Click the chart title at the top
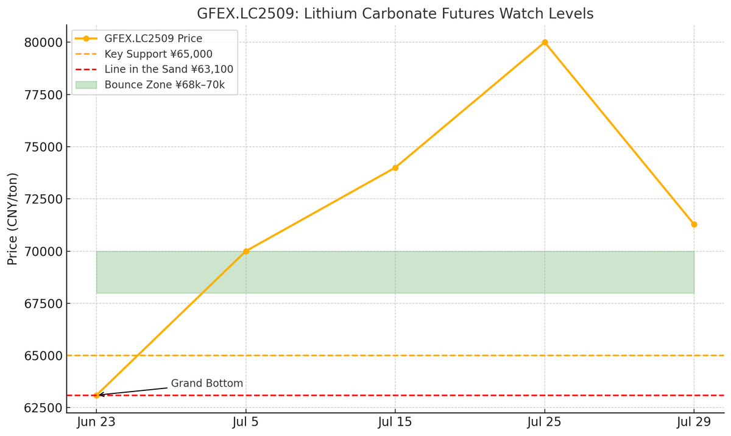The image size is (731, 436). pos(395,13)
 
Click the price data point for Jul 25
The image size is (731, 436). pos(545,43)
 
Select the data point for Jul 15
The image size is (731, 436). pos(395,167)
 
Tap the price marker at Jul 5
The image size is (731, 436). pos(246,251)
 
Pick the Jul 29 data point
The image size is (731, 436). pos(694,224)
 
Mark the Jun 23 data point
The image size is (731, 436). pos(96,395)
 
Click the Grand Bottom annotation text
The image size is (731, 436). pos(207,384)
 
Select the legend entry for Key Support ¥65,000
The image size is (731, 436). pos(158,54)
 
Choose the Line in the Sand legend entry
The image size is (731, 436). pos(169,69)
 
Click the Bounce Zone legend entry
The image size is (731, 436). pos(164,85)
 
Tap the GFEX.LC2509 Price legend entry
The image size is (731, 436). pos(154,39)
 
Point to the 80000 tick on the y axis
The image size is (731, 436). pos(43,43)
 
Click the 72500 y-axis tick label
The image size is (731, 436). pos(43,199)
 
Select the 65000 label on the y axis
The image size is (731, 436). pos(43,356)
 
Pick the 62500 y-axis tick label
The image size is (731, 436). pos(43,407)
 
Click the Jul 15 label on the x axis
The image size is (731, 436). pos(395,422)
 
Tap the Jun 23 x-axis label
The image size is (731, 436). pos(96,422)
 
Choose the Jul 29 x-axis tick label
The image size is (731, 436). pos(694,422)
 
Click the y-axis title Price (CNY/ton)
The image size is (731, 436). pos(13,219)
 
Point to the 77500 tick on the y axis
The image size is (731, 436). pos(43,95)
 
